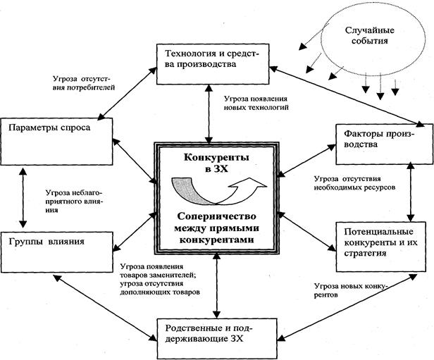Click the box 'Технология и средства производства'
213,64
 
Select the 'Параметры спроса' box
56,142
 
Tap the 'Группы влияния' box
56,252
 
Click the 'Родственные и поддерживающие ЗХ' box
217,338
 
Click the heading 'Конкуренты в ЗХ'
216,163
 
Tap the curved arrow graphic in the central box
218,191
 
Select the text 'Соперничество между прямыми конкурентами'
216,228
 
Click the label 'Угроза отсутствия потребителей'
84,83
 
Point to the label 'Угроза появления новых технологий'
256,103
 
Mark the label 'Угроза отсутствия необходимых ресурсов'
354,183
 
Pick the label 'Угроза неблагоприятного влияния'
74,201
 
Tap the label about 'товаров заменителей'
160,279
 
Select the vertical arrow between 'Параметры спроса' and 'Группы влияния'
23,198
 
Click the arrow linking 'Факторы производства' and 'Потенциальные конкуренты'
411,192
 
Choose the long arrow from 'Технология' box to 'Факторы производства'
347,96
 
